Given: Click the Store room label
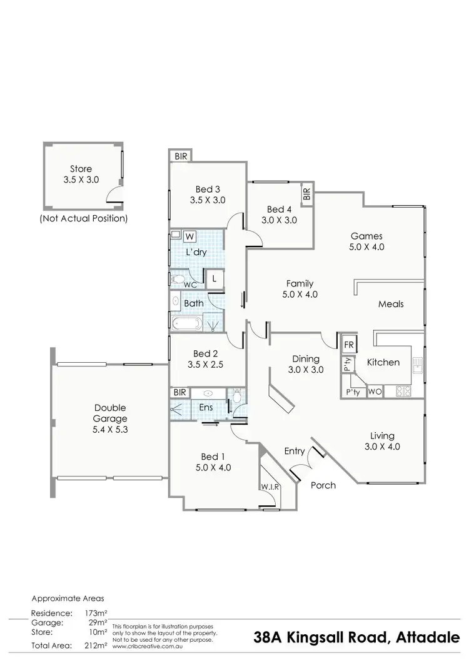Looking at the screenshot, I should tap(81, 169).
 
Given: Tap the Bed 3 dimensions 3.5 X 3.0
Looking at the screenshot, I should tap(208, 201).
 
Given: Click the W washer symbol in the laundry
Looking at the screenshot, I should tap(189, 235).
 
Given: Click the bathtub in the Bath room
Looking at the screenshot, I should tap(186, 325).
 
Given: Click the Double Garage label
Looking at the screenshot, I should tap(110, 413).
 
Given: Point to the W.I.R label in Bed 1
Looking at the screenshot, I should tap(270, 487).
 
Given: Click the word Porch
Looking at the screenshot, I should tap(323, 485).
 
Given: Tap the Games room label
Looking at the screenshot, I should tap(366, 236).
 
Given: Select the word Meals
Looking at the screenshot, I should tap(391, 304).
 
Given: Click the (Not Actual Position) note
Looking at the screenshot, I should tap(83, 219).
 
